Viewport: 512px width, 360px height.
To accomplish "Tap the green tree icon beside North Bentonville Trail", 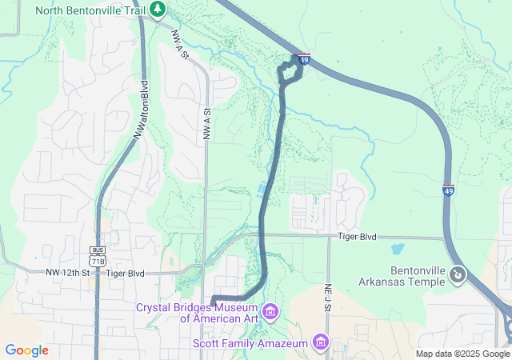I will [159, 10].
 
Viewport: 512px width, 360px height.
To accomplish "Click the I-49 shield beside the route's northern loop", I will [304, 58].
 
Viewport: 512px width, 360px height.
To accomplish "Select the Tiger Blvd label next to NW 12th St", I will [125, 273].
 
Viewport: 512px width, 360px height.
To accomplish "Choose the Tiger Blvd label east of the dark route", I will [357, 237].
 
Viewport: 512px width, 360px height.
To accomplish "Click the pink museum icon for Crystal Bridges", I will [270, 310].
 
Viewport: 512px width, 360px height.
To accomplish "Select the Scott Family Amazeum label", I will [250, 343].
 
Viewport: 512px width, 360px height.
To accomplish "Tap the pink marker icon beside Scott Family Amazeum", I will [321, 342].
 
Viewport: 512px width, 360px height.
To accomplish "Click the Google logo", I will [26, 350].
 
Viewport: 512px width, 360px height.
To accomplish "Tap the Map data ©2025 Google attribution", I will [462, 354].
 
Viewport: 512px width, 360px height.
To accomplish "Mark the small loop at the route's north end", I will [290, 72].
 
